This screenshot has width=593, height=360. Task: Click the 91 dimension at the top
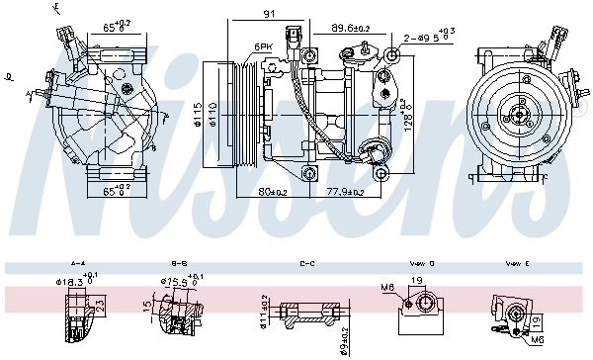click(268, 14)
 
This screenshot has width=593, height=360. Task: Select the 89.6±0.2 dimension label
click(350, 29)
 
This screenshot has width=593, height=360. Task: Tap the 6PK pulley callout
click(262, 46)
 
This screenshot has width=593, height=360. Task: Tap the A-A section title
click(78, 264)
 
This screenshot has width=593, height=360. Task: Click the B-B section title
click(180, 264)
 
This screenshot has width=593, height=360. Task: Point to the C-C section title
click(306, 264)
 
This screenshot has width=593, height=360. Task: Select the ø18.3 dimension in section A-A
click(72, 283)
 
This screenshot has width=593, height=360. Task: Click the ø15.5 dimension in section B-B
click(174, 283)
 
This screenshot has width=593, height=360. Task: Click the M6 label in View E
click(538, 338)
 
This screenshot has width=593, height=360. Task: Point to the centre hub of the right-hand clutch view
click(516, 116)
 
